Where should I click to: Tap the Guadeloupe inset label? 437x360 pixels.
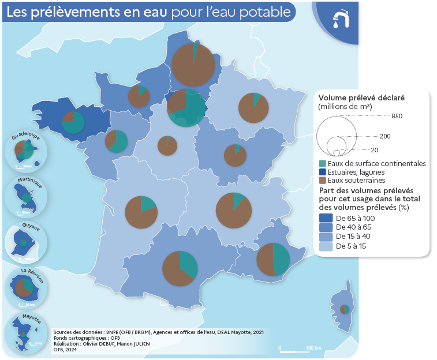pyautogui.click(x=26, y=137)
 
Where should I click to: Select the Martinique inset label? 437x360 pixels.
pyautogui.click(x=26, y=182)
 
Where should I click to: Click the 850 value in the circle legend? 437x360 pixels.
pyautogui.click(x=396, y=117)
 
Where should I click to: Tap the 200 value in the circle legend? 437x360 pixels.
pyautogui.click(x=385, y=136)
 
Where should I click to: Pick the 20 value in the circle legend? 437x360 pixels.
pyautogui.click(x=375, y=149)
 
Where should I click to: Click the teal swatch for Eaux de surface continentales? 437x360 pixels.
pyautogui.click(x=322, y=164)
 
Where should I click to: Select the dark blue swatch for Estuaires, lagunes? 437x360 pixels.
pyautogui.click(x=322, y=172)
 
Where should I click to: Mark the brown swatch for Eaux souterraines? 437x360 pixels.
pyautogui.click(x=322, y=180)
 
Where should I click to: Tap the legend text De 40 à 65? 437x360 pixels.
pyautogui.click(x=354, y=227)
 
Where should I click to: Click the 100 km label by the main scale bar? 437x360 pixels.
pyautogui.click(x=313, y=348)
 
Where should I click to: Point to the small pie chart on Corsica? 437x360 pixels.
pyautogui.click(x=344, y=309)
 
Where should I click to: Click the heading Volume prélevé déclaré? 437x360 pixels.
pyautogui.click(x=361, y=97)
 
